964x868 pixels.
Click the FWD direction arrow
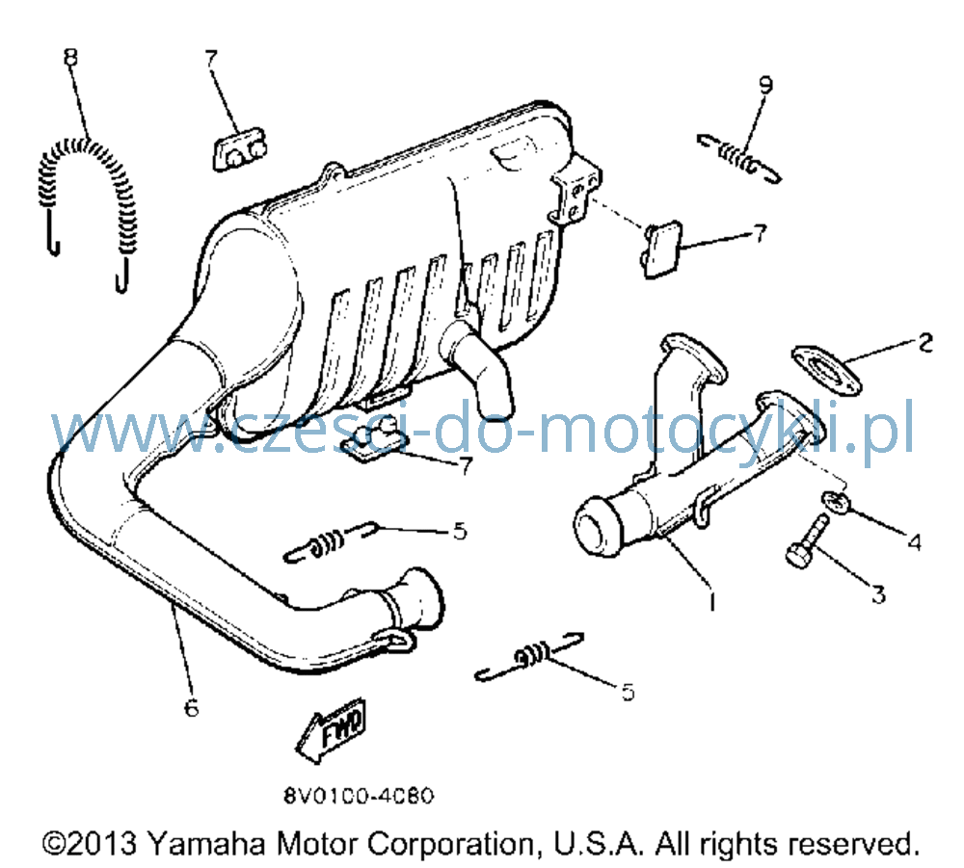tap(332, 730)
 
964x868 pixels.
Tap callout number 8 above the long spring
tap(71, 57)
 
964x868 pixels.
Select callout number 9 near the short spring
tap(765, 85)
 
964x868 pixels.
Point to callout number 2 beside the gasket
tap(925, 342)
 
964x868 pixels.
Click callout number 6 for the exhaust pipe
tap(192, 708)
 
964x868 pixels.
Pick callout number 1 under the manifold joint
tap(712, 601)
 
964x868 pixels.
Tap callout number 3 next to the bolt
tap(878, 594)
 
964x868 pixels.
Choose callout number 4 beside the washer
tap(915, 541)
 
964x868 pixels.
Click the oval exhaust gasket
tap(826, 371)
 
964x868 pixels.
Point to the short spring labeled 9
tap(738, 157)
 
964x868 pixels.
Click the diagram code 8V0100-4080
tap(359, 796)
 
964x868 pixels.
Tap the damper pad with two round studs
tap(238, 149)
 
